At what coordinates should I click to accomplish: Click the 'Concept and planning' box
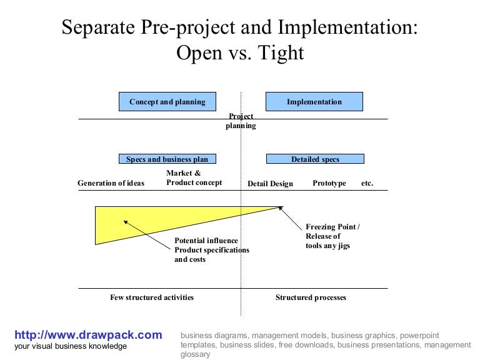[x=167, y=102]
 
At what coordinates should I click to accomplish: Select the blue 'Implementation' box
[x=314, y=102]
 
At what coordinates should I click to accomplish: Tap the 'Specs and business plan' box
[x=167, y=159]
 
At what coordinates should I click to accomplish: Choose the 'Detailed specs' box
[x=315, y=159]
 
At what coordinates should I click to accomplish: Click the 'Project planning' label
[x=241, y=121]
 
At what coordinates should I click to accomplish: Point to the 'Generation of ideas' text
[x=111, y=183]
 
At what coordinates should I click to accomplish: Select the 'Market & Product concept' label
[x=194, y=178]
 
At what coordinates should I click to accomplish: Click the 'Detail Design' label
[x=270, y=184]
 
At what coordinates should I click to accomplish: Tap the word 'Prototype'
[x=329, y=183]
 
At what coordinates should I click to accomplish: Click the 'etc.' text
[x=367, y=183]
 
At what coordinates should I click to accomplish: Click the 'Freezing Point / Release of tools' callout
[x=332, y=236]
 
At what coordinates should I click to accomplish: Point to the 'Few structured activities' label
[x=152, y=297]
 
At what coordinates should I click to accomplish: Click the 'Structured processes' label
[x=311, y=297]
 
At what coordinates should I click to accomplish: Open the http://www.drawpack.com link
[x=88, y=335]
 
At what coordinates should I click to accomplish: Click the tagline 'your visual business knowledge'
[x=70, y=346]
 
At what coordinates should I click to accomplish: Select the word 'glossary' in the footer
[x=195, y=354]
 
